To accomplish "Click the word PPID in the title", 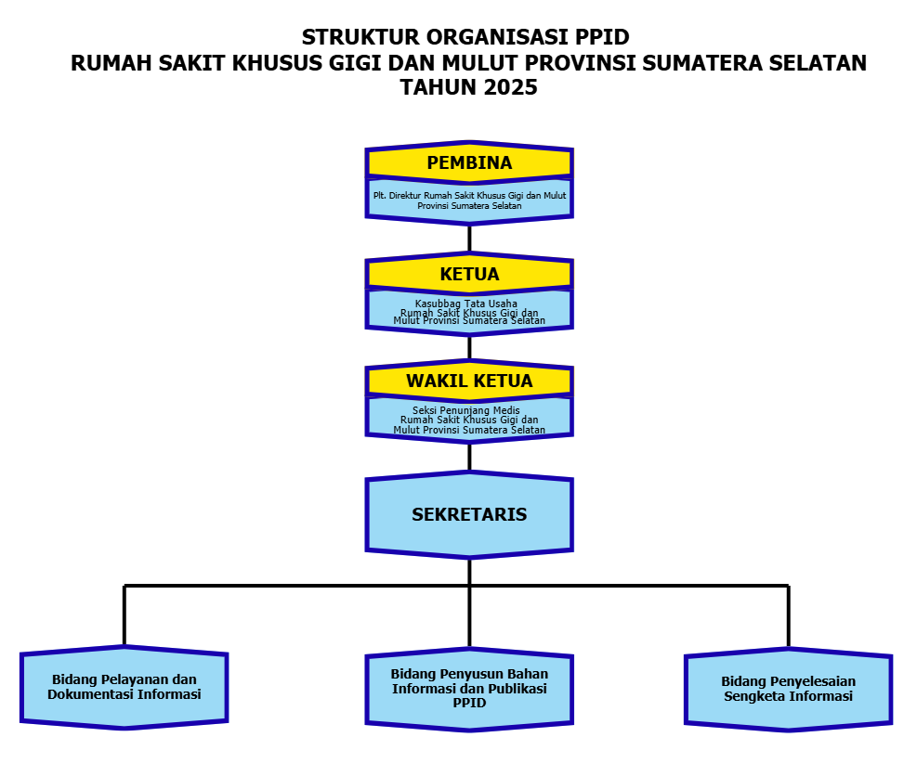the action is [x=602, y=37].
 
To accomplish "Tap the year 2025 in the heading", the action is [x=511, y=87].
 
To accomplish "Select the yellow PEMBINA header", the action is [x=469, y=162].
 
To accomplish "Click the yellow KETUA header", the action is [x=469, y=274].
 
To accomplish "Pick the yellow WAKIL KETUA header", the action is [x=469, y=381].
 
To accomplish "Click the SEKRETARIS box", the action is [x=469, y=515].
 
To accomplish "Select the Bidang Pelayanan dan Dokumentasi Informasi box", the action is [x=124, y=687].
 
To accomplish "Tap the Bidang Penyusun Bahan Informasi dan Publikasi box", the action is [x=469, y=689].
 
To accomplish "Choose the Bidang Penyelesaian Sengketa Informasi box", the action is [x=789, y=689].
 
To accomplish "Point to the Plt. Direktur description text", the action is [x=469, y=200].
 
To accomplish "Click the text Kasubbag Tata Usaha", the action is [x=466, y=304].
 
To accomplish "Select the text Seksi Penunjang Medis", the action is [x=466, y=410].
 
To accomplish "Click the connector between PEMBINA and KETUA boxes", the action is [x=469, y=239].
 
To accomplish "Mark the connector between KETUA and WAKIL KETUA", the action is [x=469, y=348].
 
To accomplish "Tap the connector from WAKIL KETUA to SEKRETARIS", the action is [x=469, y=458].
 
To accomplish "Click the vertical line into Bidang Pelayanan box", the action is [x=124, y=615].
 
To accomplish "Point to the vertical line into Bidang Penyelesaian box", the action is [x=789, y=616].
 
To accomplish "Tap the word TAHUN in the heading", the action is [x=439, y=87].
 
